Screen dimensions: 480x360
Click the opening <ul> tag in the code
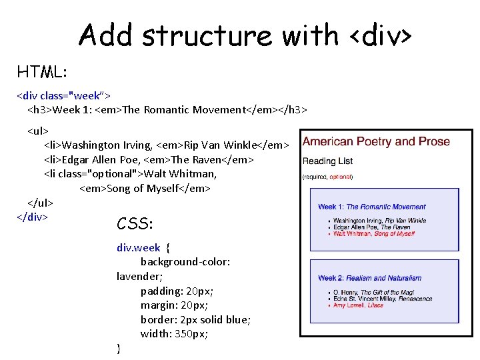click(x=38, y=130)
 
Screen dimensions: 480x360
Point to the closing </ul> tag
click(x=40, y=203)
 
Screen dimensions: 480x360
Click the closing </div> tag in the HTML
click(x=32, y=217)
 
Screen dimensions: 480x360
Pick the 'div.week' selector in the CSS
click(x=139, y=247)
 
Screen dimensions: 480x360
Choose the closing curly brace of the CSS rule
click(x=119, y=347)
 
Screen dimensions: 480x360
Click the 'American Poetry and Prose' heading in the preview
click(x=376, y=142)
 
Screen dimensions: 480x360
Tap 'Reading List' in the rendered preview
click(x=327, y=161)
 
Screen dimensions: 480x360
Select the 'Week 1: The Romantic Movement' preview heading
click(x=371, y=207)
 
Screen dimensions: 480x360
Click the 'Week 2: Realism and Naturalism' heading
click(x=369, y=278)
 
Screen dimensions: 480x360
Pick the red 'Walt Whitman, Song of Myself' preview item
click(x=373, y=234)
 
